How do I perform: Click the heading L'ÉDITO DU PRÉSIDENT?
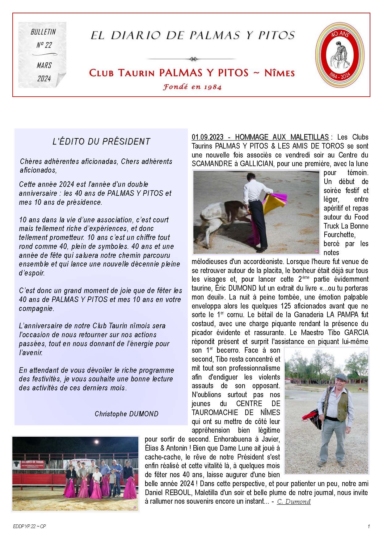click(x=101, y=141)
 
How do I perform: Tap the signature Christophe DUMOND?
click(x=126, y=414)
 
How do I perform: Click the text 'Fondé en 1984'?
click(x=192, y=87)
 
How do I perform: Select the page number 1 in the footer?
click(x=369, y=527)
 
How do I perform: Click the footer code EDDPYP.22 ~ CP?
click(x=30, y=527)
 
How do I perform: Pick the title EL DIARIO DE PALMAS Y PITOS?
click(x=192, y=36)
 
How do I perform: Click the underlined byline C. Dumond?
click(x=294, y=502)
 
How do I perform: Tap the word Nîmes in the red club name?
click(x=280, y=73)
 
